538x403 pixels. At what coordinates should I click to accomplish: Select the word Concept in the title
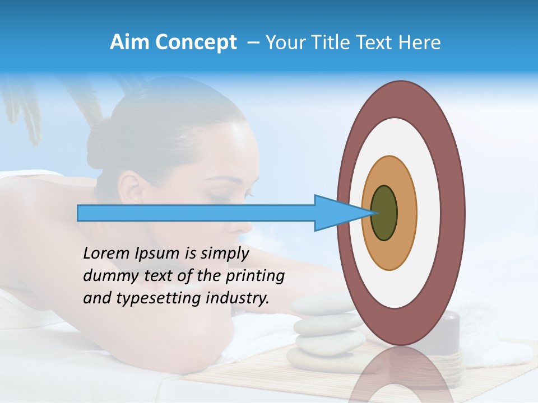[x=196, y=43]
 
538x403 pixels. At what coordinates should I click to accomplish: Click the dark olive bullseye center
[x=384, y=213]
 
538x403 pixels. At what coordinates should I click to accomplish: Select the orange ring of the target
[x=406, y=213]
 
